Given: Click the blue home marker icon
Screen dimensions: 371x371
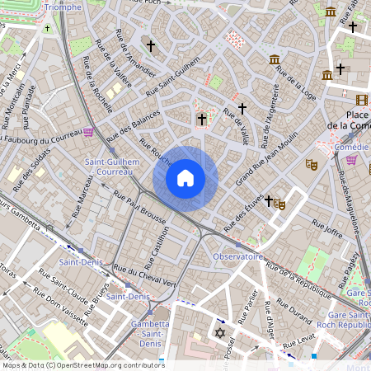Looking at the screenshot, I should click(185, 178).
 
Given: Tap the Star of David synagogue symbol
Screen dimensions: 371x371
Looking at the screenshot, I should click(219, 332).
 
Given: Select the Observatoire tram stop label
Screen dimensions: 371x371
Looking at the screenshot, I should click(237, 256).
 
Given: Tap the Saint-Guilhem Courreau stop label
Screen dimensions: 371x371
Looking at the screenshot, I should click(112, 167).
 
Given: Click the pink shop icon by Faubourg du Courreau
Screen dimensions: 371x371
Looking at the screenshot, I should click(89, 132).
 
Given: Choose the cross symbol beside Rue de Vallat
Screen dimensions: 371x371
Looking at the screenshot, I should click(242, 108).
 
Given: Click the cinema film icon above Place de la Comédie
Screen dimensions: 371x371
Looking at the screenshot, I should click(362, 100).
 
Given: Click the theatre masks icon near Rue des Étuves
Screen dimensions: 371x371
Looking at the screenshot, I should click(279, 204).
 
